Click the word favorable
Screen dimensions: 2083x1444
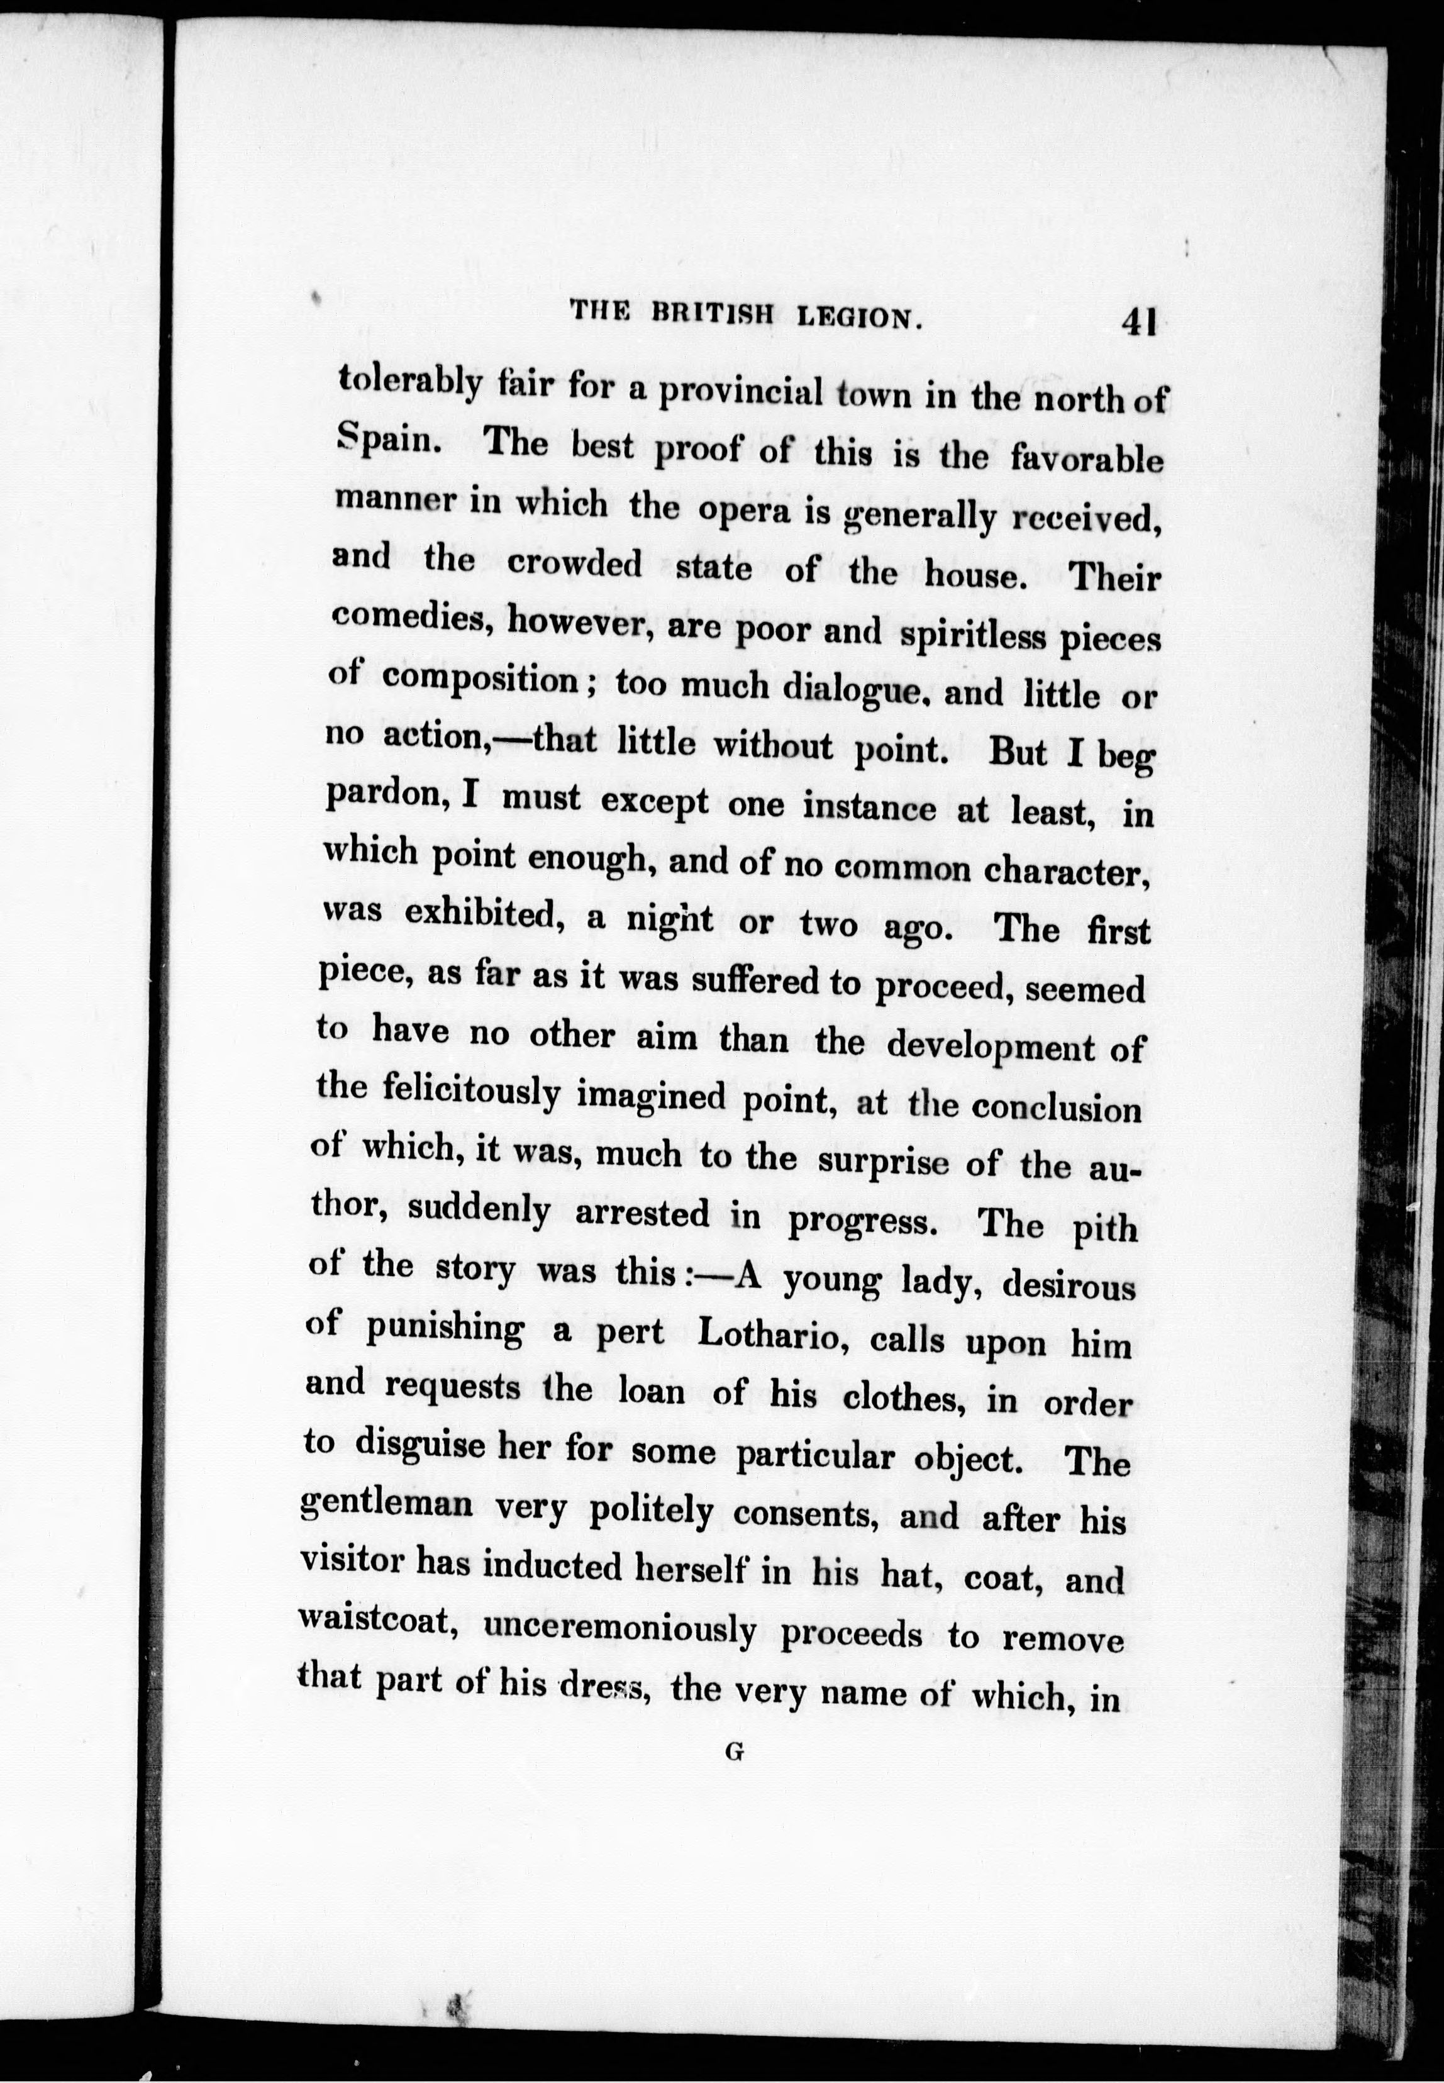pos(1086,458)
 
